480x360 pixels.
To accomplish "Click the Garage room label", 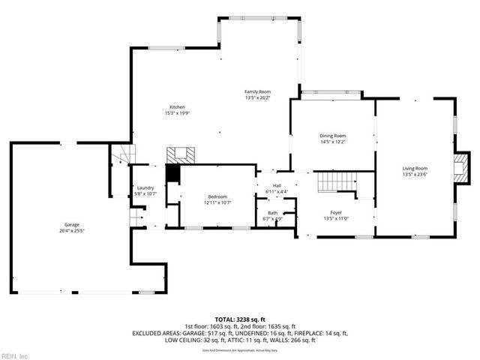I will click(x=71, y=224).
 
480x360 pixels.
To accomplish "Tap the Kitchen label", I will click(x=177, y=106).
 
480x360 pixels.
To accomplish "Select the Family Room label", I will click(x=257, y=91).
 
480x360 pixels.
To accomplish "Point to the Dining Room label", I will click(x=332, y=136).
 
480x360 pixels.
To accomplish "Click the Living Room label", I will click(x=415, y=168).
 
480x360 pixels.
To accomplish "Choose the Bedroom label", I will click(x=217, y=196).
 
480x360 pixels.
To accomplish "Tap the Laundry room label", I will click(x=145, y=188).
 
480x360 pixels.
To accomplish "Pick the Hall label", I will click(x=277, y=185).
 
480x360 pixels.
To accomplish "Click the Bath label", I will click(x=272, y=213).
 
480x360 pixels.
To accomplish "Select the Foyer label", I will click(x=336, y=212).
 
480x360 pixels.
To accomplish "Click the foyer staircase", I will click(x=334, y=181).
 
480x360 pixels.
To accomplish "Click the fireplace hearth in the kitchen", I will click(x=180, y=155).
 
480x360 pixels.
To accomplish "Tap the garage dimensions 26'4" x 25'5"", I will click(x=72, y=230).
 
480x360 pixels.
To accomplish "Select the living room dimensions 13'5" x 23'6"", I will click(x=415, y=174).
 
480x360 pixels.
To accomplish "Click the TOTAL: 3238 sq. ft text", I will click(x=239, y=319).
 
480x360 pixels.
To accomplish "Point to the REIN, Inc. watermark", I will click(x=15, y=355).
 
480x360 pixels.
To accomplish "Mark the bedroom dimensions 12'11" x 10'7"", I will click(x=217, y=202).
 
